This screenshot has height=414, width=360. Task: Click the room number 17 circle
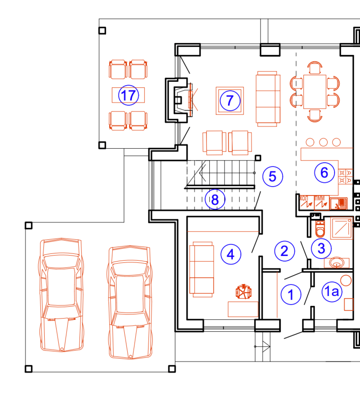(x=129, y=95)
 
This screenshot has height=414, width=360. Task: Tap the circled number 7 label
(x=230, y=101)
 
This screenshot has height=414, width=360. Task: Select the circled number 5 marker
(x=273, y=176)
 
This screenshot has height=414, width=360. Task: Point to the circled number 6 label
(x=324, y=173)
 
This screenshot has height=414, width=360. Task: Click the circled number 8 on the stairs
(x=215, y=199)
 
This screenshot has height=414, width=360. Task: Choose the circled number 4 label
(x=231, y=254)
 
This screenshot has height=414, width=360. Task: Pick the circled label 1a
(x=332, y=291)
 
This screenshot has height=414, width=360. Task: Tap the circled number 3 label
(x=321, y=248)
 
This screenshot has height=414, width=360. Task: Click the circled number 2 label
(x=285, y=251)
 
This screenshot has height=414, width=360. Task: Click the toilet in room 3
(x=320, y=229)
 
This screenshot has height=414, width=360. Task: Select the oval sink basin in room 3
(x=337, y=263)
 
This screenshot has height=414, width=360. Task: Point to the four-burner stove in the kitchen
(x=346, y=177)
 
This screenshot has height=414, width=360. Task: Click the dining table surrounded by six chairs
(x=315, y=92)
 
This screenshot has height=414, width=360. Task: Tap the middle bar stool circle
(x=323, y=142)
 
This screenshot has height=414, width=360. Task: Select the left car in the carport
(x=62, y=295)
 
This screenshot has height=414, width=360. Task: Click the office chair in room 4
(x=244, y=292)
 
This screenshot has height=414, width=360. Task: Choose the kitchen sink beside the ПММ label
(x=339, y=203)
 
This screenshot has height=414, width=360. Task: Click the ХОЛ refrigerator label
(x=304, y=198)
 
